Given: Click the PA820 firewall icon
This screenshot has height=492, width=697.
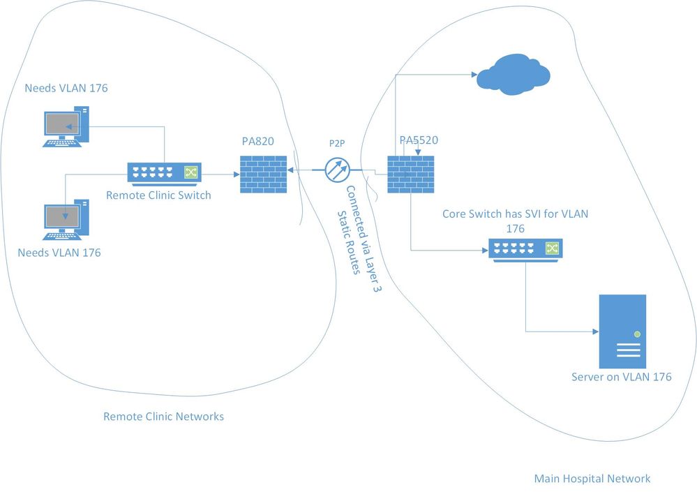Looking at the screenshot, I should point(264,174).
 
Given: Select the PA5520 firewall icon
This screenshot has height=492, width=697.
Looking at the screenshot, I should point(411,174).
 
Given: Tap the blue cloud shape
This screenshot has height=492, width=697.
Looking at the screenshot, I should point(513,72).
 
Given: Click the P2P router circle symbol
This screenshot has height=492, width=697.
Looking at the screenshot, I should point(338,170).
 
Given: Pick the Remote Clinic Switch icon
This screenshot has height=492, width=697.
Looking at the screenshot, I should point(163,173).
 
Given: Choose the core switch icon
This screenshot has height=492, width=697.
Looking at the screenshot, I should point(525,248).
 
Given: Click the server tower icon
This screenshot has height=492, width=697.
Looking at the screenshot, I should point(622,331).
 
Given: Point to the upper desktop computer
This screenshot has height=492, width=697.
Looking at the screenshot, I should point(66,126).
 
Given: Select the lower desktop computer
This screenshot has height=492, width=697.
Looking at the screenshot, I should point(66,220).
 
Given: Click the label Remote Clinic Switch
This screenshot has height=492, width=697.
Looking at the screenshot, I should point(158,195).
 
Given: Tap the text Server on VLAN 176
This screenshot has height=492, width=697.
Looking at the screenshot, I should point(621,377).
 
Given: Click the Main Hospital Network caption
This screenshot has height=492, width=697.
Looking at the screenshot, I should point(592,479).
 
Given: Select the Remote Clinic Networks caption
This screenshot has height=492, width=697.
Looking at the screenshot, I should point(163,417).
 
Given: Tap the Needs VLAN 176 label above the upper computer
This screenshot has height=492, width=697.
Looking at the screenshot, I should point(66,88).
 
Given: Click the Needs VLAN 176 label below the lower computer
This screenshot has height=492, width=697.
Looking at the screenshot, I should point(59,253).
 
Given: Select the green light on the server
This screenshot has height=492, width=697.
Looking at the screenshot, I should point(637,334).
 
